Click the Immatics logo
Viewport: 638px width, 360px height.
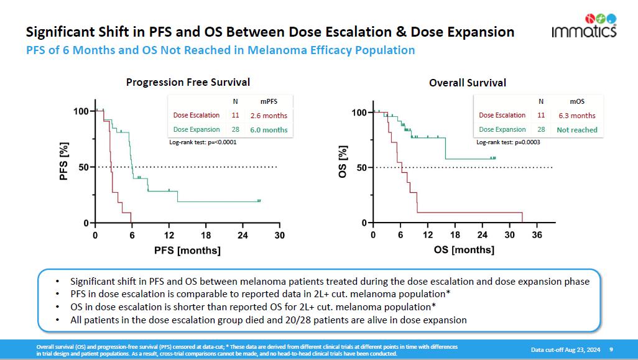584,25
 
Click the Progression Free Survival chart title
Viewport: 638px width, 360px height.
188,82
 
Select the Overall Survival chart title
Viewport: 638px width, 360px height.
468,82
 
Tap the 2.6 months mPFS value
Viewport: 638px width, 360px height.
269,116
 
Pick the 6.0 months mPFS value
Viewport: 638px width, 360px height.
269,130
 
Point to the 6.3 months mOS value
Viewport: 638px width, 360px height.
576,116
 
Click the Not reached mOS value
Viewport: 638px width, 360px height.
576,130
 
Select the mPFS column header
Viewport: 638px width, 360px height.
269,101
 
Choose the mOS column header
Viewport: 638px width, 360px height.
576,101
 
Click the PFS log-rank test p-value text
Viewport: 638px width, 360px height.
203,142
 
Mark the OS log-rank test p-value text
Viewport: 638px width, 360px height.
509,142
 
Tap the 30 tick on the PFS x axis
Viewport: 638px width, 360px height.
280,235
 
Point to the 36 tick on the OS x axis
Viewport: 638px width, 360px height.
537,235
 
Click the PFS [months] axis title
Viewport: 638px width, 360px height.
187,250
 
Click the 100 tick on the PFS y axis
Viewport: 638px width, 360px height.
81,111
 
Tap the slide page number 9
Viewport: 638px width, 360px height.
611,349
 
